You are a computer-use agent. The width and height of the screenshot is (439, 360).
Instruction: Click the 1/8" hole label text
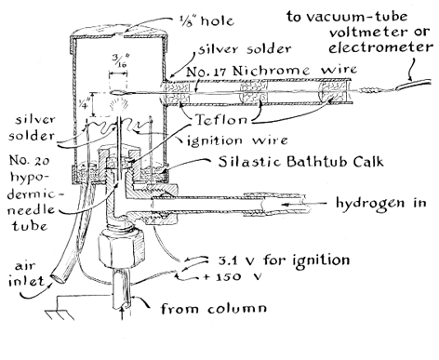click(x=206, y=20)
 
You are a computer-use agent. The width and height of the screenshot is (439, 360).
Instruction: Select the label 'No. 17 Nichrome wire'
click(x=272, y=71)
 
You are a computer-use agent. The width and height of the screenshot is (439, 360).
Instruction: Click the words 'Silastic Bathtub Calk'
click(x=300, y=162)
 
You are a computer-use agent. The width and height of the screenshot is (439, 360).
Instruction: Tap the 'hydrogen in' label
click(x=381, y=203)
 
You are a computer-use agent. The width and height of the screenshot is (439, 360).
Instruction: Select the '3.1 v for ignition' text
click(x=283, y=260)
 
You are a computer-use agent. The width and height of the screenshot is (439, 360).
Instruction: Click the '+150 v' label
click(x=232, y=276)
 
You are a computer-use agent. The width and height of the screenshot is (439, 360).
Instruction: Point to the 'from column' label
click(x=213, y=308)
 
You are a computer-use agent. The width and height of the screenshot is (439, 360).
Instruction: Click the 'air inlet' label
click(x=26, y=273)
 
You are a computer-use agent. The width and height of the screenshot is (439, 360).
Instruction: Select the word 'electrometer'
click(x=380, y=47)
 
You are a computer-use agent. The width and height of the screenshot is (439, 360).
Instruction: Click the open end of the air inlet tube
click(x=58, y=277)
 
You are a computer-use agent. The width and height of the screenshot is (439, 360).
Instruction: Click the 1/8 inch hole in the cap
click(x=119, y=35)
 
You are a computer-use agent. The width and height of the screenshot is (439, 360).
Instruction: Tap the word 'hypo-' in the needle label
click(x=30, y=179)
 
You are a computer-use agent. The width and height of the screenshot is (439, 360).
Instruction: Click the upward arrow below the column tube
click(x=123, y=313)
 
